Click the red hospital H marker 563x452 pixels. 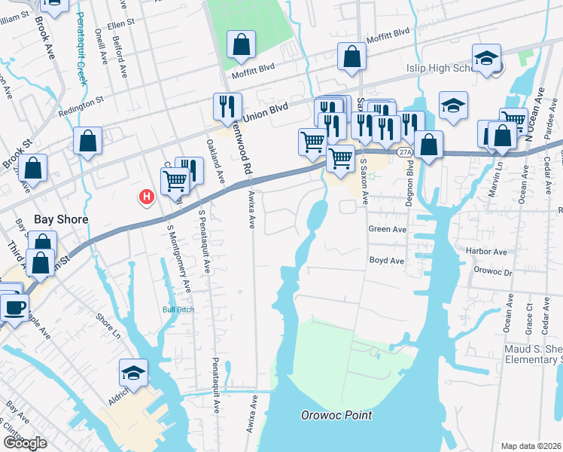(147, 197)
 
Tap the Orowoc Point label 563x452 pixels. (336, 415)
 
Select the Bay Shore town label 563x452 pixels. (62, 220)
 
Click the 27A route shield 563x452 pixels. (406, 151)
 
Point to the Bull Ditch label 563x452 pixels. (178, 309)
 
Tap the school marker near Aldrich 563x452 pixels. (133, 373)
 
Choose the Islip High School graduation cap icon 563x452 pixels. (486, 57)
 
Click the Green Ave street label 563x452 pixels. (387, 228)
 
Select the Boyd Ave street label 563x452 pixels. (387, 261)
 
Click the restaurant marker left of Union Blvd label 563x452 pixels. (227, 106)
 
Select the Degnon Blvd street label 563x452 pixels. (410, 182)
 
